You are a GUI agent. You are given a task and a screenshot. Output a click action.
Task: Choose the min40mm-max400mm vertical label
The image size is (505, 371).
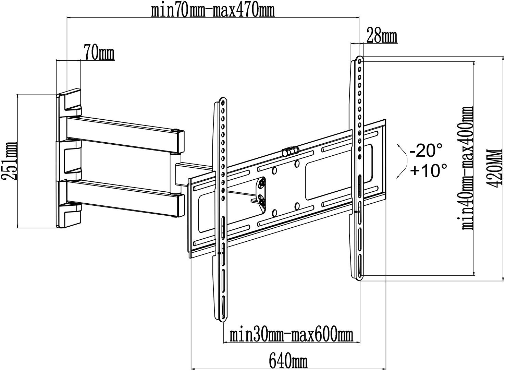pyautogui.click(x=467, y=168)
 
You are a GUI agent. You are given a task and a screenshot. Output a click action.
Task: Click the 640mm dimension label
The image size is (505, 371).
pyautogui.click(x=288, y=361)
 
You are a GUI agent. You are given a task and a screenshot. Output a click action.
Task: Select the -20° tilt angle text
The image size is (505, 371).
pyautogui.click(x=426, y=150)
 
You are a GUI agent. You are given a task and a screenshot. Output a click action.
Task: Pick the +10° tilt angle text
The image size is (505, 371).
pyautogui.click(x=428, y=170)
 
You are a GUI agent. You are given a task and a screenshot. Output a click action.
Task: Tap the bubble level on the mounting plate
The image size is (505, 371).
pyautogui.click(x=290, y=151)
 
